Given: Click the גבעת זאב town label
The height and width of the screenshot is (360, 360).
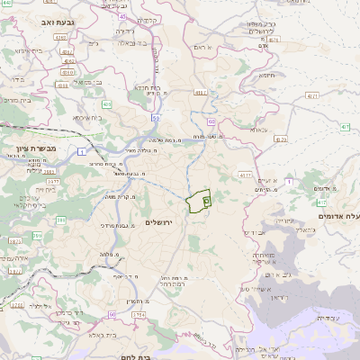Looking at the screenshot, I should click(41, 20).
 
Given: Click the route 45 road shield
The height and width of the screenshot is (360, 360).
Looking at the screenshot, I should click(121, 15).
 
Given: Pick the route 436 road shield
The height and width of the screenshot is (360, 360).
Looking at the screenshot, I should click(107, 104).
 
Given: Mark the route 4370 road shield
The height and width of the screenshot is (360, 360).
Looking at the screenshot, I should click(245, 175).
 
